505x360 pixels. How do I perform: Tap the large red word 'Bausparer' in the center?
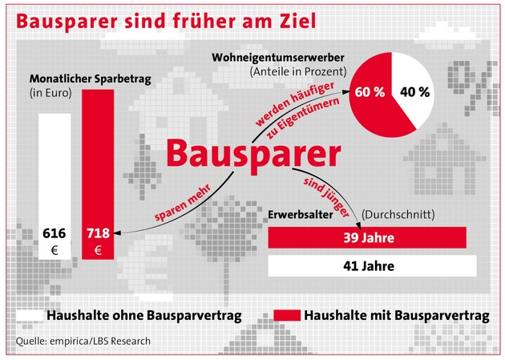[x=252, y=153]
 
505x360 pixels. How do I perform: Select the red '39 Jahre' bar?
[x=366, y=238]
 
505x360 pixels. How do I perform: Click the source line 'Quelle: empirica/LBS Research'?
[x=83, y=341]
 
